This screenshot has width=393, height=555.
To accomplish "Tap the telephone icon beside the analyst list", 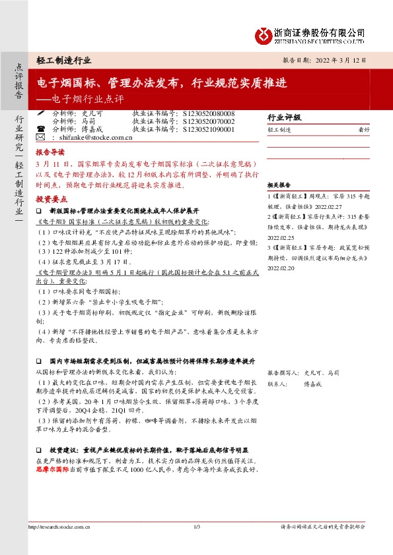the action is coord(41,130).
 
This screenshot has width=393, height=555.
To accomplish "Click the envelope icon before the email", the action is coord(40,138).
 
